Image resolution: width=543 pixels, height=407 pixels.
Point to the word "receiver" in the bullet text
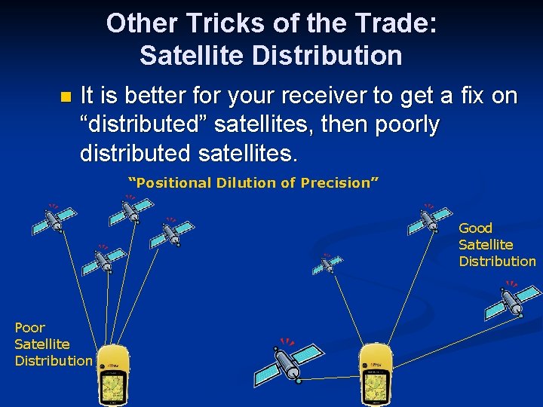tap(286, 96)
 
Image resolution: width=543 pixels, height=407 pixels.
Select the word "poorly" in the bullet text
tap(403, 124)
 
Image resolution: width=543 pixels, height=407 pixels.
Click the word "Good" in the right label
tap(475, 228)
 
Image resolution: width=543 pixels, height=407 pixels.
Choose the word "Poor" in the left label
tap(29, 327)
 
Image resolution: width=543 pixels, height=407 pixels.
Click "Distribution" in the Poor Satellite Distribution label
tap(53, 360)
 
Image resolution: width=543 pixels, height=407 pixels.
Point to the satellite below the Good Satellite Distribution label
tap(513, 300)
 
